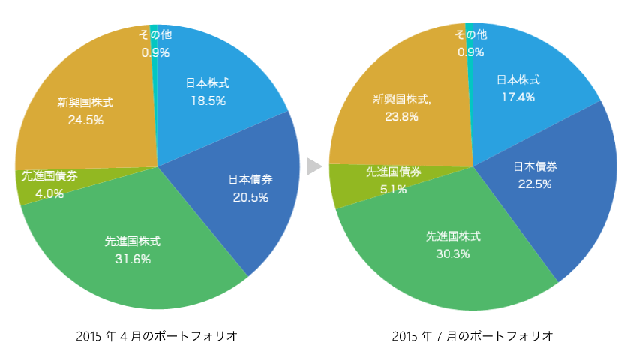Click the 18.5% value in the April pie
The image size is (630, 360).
208,100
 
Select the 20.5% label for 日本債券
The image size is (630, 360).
250,197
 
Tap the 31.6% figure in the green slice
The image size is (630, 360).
132,259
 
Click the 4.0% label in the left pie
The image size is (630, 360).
49,193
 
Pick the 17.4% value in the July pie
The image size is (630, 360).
518,97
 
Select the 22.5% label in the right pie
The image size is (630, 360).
535,184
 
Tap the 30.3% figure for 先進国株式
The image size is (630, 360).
453,253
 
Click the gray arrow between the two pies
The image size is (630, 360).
313,166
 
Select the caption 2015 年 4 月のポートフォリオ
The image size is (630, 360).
157,335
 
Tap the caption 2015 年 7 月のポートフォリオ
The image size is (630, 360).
472,335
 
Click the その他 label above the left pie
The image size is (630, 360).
155,34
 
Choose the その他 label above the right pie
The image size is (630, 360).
470,34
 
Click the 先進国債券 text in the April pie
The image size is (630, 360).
49,177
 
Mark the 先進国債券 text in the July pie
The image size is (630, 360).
393,172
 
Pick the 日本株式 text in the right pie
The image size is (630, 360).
518,79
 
